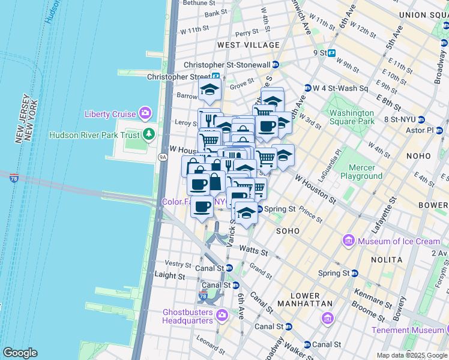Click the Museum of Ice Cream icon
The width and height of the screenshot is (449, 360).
(x=349, y=241)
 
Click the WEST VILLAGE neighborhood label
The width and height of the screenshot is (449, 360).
(x=249, y=45)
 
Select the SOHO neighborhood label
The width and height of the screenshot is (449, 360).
(x=288, y=230)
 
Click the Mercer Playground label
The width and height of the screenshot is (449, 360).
(x=361, y=172)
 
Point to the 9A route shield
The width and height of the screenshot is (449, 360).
(x=162, y=157)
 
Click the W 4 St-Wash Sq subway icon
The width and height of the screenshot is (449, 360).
(x=308, y=88)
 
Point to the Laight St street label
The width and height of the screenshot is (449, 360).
(x=169, y=275)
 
